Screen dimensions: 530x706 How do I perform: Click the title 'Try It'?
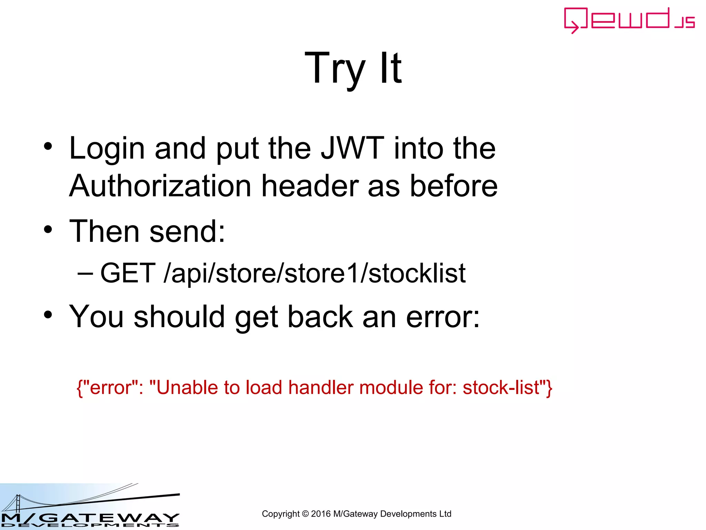coord(353,68)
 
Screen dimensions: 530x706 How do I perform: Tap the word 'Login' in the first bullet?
coord(107,149)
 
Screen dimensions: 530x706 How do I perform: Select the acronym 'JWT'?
coord(352,148)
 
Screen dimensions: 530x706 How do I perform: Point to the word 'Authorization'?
coord(160,186)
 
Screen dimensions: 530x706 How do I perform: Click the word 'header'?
coord(310,186)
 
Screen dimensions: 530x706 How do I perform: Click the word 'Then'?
coord(104,232)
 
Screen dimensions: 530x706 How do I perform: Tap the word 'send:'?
coord(187,232)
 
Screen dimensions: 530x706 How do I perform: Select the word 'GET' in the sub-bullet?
coord(128,273)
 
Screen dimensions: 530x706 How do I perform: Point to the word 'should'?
coord(179,317)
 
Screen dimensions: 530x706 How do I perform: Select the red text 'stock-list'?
coord(501,387)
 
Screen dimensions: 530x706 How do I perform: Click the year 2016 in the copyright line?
coord(321,514)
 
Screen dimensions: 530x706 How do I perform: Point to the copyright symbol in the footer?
coord(305,514)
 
